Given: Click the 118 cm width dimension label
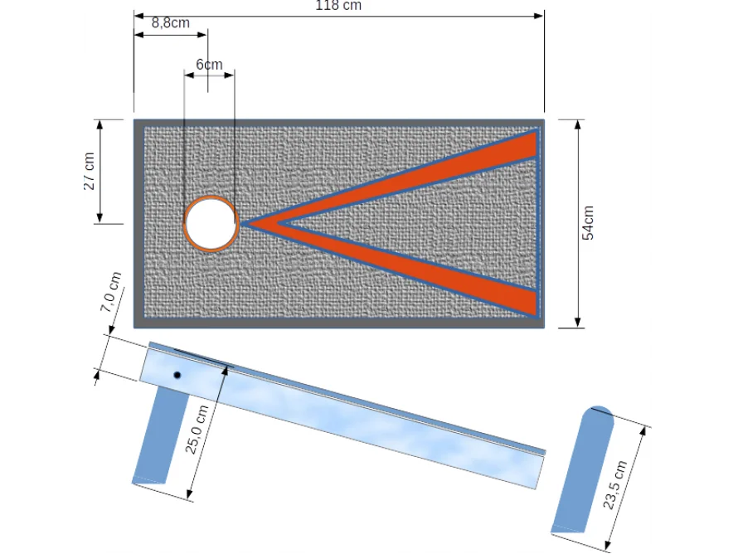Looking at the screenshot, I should (338, 6).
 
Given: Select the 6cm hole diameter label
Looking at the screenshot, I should (209, 64).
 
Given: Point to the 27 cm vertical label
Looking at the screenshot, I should (89, 171).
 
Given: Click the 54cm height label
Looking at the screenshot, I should (588, 223).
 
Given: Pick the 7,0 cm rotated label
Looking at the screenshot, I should (111, 292).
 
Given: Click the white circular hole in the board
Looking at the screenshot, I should (211, 223).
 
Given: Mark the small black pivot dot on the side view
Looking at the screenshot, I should (177, 376).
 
